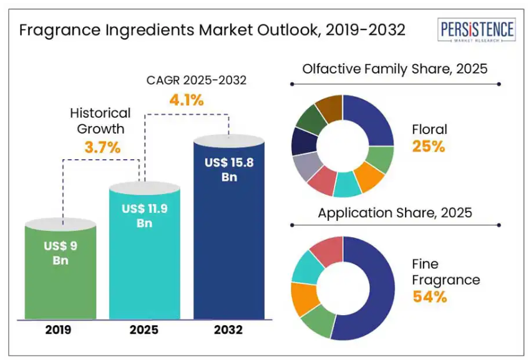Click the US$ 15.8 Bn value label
228,169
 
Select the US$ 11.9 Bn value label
145,216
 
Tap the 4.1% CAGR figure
187,99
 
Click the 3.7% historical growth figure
102,148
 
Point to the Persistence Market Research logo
476,31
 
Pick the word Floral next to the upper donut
429,130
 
